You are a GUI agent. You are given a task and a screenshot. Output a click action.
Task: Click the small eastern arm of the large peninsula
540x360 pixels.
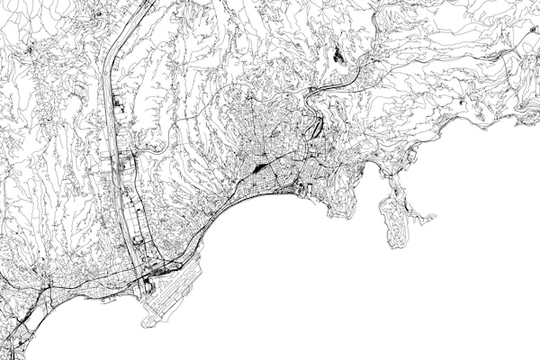[x=423, y=217]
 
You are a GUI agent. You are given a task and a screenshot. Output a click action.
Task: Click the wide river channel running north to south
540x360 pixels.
[x=116, y=135]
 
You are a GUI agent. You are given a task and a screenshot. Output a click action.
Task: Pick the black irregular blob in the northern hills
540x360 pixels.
[x=339, y=54]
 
